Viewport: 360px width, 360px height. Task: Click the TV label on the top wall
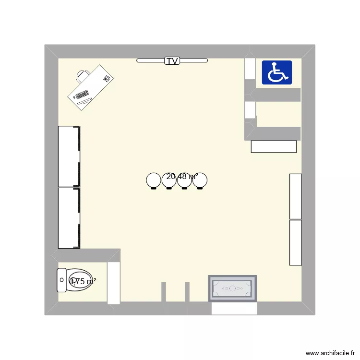click(172, 61)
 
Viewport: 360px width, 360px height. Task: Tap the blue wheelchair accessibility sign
click(277, 72)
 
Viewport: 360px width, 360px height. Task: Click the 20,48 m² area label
click(182, 177)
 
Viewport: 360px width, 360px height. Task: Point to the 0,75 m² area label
click(83, 282)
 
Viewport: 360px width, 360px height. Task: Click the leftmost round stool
click(154, 180)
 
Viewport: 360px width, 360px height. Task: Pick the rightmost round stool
click(200, 180)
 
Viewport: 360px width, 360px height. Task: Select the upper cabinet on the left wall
click(69, 156)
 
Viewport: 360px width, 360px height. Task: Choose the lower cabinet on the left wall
click(69, 217)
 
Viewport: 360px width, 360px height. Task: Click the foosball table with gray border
click(232, 288)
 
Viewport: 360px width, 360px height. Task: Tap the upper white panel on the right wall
click(296, 196)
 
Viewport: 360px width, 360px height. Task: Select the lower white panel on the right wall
click(296, 242)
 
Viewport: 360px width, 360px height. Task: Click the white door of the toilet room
click(114, 283)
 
